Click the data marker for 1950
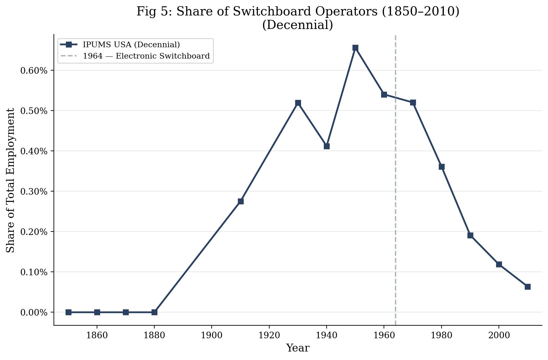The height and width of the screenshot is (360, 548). coord(355,48)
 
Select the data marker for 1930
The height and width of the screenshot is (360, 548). coord(298,103)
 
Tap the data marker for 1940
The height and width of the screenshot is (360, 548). coord(327,146)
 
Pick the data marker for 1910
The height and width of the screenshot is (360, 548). coord(241,201)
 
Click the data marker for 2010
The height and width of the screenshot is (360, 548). coord(528,287)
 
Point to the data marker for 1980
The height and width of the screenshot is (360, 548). coord(442,167)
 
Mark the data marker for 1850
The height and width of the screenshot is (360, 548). coord(68,312)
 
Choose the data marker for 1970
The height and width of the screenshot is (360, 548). coord(413,103)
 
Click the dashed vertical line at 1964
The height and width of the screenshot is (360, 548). coord(396,189)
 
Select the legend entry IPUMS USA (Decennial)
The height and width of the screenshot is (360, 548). coord(131,45)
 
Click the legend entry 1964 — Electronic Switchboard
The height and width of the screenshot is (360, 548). coord(146,56)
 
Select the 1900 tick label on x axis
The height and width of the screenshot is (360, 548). coord(212,335)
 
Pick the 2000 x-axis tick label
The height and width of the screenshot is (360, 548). coord(499,335)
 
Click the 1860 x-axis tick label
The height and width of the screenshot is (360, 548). coord(97,335)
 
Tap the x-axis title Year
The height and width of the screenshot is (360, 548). coord(298,348)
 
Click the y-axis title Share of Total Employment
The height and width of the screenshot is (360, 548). coord(11,180)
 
